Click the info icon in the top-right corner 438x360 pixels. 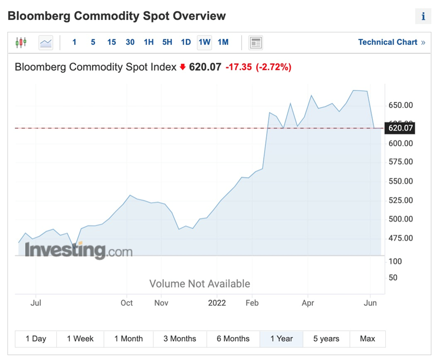coord(423,17)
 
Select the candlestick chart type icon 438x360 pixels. coord(21,42)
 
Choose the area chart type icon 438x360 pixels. coord(46,42)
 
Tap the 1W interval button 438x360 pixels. coord(204,42)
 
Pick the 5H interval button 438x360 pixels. coord(167,42)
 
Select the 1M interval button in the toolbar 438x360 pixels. coord(223,42)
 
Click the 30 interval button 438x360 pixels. coord(130,42)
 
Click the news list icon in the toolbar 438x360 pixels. coord(255,42)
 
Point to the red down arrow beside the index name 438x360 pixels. coord(183,67)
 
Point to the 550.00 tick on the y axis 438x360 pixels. coord(400,181)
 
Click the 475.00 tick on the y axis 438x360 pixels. coord(400,238)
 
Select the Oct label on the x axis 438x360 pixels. coord(126,303)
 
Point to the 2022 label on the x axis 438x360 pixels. coord(217,303)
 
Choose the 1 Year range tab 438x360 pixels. coord(281,339)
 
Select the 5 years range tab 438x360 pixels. coord(326,339)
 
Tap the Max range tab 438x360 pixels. coord(368,339)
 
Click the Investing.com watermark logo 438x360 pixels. coord(79,251)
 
